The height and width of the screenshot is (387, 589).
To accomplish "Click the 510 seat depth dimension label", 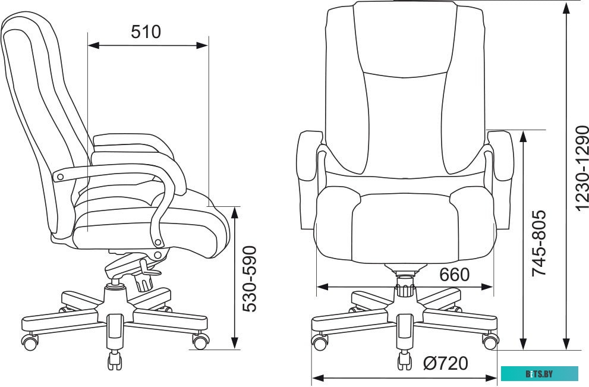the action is pyautogui.click(x=146, y=32).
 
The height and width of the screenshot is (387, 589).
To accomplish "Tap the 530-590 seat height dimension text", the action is pyautogui.click(x=250, y=279).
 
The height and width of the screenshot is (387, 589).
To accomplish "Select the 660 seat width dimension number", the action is pyautogui.click(x=454, y=275).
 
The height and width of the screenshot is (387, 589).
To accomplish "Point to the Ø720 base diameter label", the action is pyautogui.click(x=446, y=363).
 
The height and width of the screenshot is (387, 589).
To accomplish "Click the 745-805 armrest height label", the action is pyautogui.click(x=538, y=243).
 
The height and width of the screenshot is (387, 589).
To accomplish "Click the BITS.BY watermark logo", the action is pyautogui.click(x=540, y=374).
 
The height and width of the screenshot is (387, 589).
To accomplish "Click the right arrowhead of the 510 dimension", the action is pyautogui.click(x=202, y=45).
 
